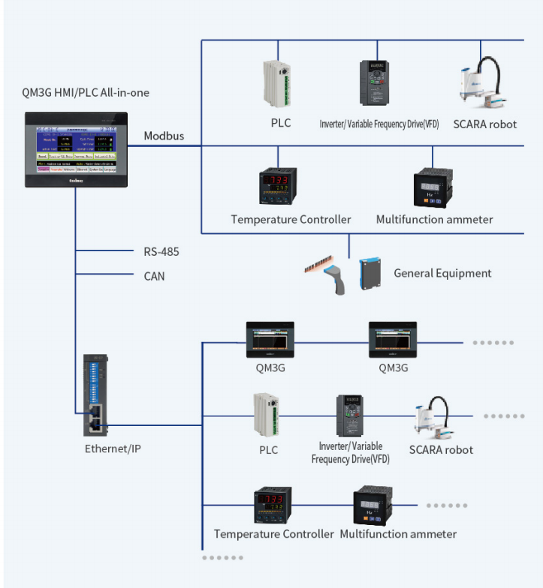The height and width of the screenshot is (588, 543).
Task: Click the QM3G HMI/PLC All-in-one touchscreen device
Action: point(76,148)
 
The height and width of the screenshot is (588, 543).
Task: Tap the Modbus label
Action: point(164,136)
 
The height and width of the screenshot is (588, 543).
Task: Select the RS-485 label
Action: point(161,252)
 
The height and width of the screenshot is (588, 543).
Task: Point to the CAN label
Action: point(154,276)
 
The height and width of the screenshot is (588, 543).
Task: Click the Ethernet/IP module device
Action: point(97,394)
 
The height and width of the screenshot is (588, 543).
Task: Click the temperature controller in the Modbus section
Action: point(278,187)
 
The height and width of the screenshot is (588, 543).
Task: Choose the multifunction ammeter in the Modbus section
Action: point(433,187)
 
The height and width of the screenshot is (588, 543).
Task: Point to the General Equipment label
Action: point(442,273)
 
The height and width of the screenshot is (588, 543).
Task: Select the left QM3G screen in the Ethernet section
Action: point(270,340)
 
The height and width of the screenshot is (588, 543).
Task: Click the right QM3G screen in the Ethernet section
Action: point(392,340)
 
